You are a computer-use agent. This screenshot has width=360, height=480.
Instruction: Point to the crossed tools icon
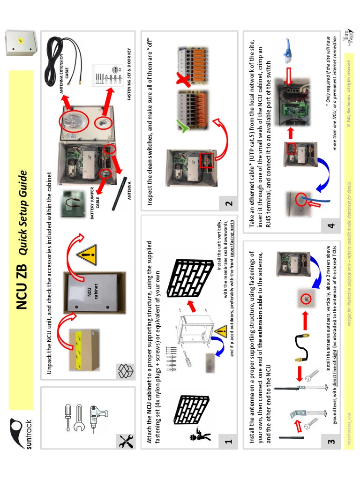coord(125,442)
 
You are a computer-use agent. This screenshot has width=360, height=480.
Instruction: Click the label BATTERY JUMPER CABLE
coord(94,197)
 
